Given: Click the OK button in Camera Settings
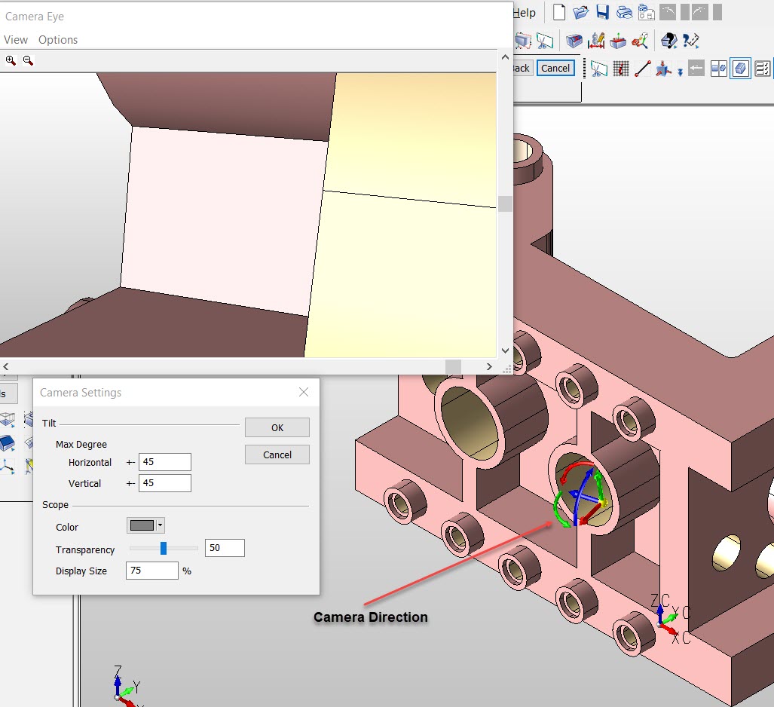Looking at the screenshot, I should click(x=277, y=427).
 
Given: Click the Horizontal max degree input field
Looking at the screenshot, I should click(x=164, y=462).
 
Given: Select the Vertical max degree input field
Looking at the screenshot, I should click(x=164, y=483).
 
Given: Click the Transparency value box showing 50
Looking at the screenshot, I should click(x=224, y=548).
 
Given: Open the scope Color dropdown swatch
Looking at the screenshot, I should click(x=145, y=525).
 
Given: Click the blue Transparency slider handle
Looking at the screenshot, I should click(x=164, y=548).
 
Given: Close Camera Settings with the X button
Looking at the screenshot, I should click(x=304, y=392).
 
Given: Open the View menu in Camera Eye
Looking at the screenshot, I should click(x=16, y=40).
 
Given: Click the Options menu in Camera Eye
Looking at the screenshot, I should click(x=58, y=40).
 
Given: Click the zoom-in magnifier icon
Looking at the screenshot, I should click(x=11, y=60).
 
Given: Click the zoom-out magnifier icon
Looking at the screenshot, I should click(x=28, y=60).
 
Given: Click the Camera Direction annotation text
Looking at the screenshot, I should click(x=371, y=617).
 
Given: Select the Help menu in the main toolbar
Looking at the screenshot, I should click(x=525, y=12).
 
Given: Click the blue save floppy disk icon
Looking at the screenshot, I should click(x=602, y=12).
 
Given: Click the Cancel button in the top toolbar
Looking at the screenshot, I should click(x=555, y=68).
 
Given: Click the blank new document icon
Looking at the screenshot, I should click(x=559, y=12).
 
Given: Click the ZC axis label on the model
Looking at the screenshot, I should click(x=659, y=600).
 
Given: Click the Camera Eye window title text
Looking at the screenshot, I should click(x=35, y=15).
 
